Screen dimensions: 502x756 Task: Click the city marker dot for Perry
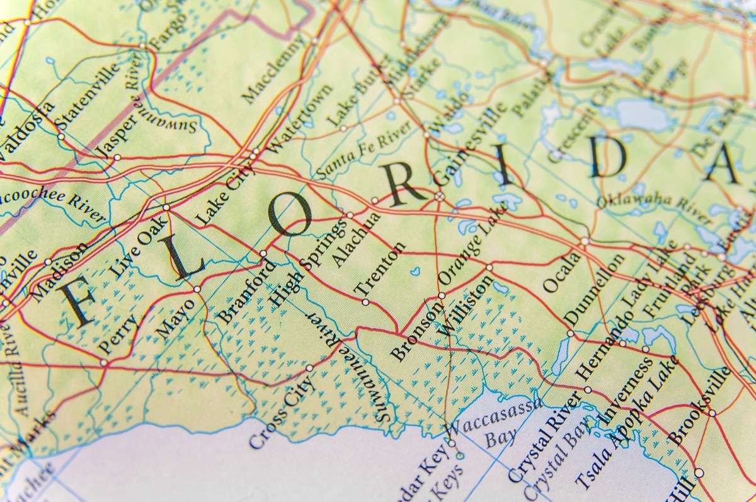(104, 362)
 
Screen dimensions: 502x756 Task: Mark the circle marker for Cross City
(309, 368)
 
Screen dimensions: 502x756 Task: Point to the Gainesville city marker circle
(439, 197)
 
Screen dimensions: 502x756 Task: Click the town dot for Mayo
(197, 289)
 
